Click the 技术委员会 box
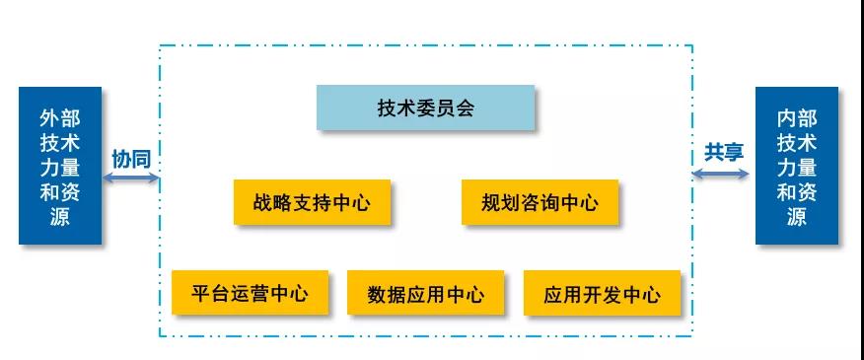[425, 108]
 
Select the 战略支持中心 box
[312, 203]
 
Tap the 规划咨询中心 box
[540, 203]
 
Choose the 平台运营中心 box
[250, 293]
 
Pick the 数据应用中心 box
[425, 294]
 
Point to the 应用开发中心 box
[602, 294]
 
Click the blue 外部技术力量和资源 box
[59, 166]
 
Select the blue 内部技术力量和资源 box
[797, 166]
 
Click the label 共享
[723, 152]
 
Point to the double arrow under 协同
[130, 179]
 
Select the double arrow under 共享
[720, 174]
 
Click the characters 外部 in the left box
[59, 118]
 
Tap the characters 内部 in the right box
[797, 118]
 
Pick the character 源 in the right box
[797, 217]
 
